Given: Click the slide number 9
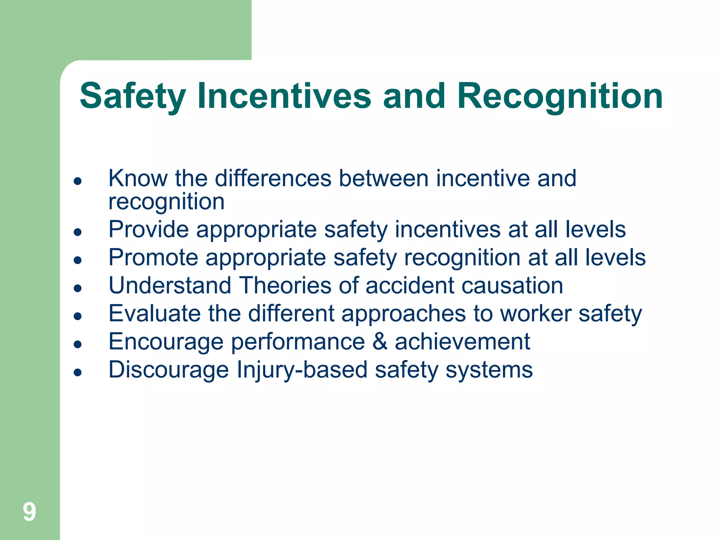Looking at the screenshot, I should point(29,512).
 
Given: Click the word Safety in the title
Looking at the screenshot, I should point(133,96).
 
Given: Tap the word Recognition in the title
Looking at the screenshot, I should point(560,96).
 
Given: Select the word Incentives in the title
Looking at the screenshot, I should point(284,96).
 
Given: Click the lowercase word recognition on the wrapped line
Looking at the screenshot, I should point(166,202).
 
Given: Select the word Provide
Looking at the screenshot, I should point(148,229).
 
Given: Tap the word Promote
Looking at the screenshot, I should point(153,257).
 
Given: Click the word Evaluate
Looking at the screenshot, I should point(154,313).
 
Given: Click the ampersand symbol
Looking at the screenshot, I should point(380,341).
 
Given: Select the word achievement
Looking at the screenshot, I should point(462,341).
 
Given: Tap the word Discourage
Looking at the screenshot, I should point(169,370).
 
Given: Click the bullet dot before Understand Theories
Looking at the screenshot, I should point(78,288).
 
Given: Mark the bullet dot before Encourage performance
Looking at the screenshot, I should point(78,344).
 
